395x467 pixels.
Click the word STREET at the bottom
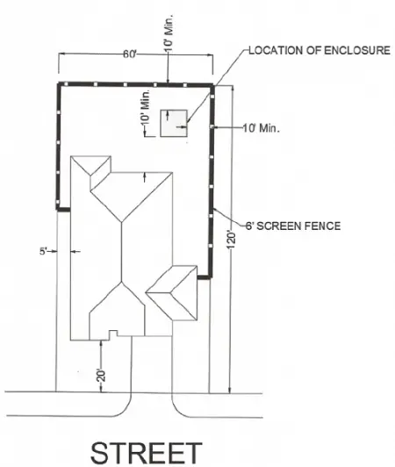(x=147, y=453)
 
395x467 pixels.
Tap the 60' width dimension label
(x=130, y=54)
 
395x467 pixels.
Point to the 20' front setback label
(x=101, y=376)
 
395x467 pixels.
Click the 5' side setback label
(x=44, y=251)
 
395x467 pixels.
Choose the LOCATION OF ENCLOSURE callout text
(x=320, y=50)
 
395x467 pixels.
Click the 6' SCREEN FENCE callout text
(x=293, y=226)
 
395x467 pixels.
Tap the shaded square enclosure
(x=174, y=123)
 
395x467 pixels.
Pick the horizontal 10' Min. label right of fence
(x=262, y=128)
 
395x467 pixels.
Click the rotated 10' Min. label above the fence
(x=169, y=32)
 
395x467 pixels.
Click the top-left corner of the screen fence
(x=59, y=84)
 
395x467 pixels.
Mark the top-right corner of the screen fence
(x=212, y=85)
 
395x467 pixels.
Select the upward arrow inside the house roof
(x=145, y=177)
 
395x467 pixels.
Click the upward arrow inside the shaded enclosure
(x=168, y=115)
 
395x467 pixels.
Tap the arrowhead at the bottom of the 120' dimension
(x=229, y=390)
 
